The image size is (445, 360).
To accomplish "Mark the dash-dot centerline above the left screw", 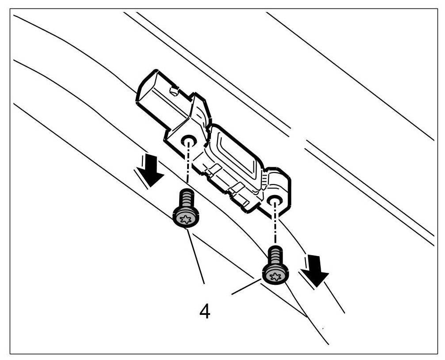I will pyautogui.click(x=188, y=166).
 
